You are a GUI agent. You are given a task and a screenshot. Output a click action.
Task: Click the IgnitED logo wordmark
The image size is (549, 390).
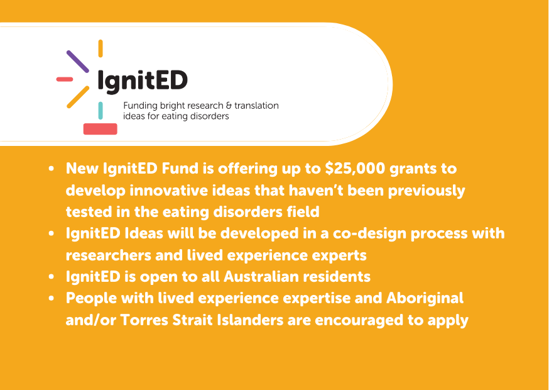click(143, 81)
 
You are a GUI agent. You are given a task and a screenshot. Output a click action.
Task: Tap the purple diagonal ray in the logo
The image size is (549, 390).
click(78, 62)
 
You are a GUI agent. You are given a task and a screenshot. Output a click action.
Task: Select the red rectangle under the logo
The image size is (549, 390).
click(100, 129)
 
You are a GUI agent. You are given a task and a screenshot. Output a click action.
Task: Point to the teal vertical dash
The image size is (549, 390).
click(101, 111)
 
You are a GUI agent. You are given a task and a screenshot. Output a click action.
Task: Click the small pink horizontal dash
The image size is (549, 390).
click(65, 79)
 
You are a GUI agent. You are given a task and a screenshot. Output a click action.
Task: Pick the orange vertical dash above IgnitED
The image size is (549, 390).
click(101, 48)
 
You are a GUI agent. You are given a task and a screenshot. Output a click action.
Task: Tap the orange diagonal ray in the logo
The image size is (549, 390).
click(78, 97)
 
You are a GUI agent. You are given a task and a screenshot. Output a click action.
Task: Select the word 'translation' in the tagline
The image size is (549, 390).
click(257, 106)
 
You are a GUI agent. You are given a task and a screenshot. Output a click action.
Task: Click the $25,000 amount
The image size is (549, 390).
click(355, 169)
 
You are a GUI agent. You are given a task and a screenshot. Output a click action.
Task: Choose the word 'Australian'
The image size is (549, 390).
click(261, 277)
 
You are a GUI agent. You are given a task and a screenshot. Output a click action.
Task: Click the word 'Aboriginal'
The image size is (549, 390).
click(425, 298)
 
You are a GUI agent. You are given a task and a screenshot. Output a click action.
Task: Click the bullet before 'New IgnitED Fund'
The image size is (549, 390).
click(52, 169)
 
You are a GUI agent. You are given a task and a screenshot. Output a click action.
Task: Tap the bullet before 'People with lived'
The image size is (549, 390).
click(52, 298)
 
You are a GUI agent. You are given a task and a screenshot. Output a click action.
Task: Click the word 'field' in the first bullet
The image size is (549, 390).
click(303, 212)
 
